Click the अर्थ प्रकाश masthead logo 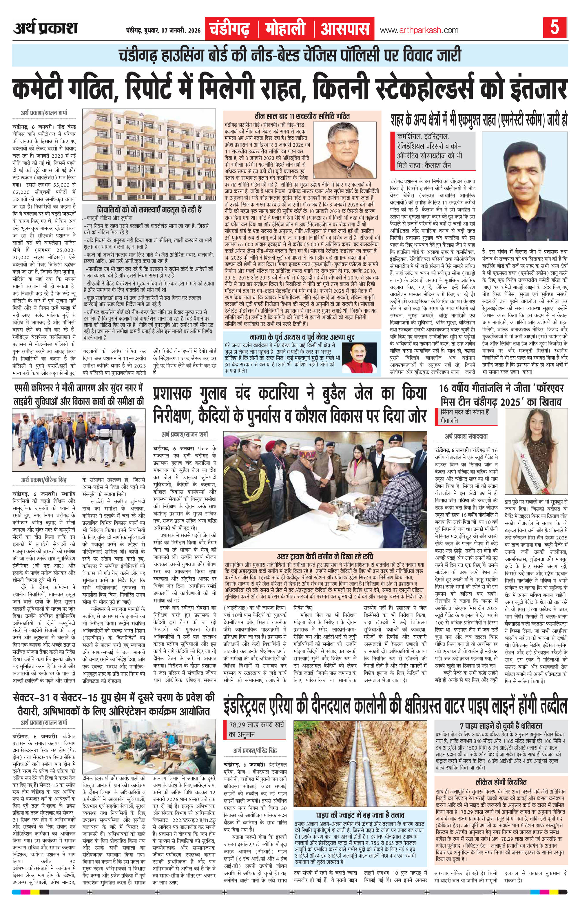(45, 29)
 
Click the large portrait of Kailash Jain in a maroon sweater (525, 186)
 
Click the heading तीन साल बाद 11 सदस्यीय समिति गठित (302, 116)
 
